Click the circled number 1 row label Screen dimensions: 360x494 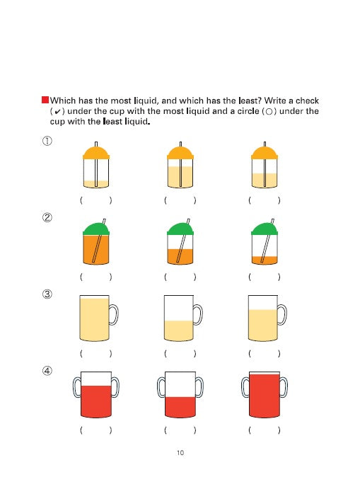[x=47, y=141]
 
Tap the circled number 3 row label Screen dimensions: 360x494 [x=47, y=294]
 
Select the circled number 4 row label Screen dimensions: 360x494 [x=47, y=371]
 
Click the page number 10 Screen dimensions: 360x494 [x=180, y=453]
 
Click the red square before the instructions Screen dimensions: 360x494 [x=45, y=100]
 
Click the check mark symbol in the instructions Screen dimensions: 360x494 [x=57, y=112]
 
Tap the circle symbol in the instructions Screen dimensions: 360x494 [x=269, y=112]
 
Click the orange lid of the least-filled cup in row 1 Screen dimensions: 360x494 [x=96, y=153]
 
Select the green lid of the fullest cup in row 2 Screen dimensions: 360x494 [x=96, y=229]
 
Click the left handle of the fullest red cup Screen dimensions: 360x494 [x=245, y=387]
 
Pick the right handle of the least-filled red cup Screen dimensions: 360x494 [x=199, y=387]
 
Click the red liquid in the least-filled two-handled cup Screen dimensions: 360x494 [x=180, y=407]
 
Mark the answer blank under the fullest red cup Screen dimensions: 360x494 [x=265, y=430]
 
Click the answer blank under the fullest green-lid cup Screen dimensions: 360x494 [x=96, y=277]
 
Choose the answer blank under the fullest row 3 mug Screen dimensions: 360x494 [x=96, y=353]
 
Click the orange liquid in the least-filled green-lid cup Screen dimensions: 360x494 [x=265, y=260]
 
